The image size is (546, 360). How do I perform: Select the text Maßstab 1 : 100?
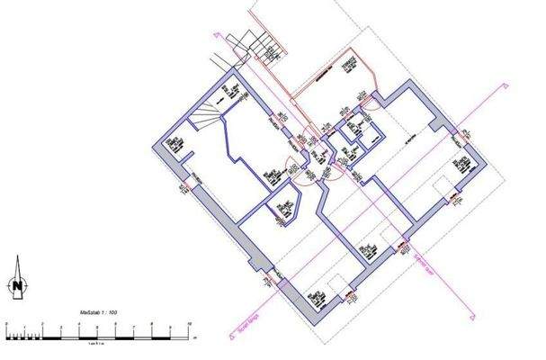(99, 312)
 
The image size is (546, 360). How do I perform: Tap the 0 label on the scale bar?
(6, 321)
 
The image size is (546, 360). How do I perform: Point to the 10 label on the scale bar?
(188, 321)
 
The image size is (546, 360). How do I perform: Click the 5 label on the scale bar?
(97, 321)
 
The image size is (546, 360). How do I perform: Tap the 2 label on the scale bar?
(42, 321)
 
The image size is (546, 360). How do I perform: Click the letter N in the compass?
(16, 287)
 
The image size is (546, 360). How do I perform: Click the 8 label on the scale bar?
(152, 321)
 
